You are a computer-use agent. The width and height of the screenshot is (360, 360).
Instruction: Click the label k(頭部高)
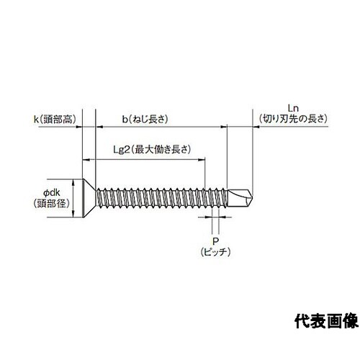55,120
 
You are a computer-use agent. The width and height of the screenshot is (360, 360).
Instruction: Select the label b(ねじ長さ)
145,120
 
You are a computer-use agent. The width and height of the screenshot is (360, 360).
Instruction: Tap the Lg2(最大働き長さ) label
152,150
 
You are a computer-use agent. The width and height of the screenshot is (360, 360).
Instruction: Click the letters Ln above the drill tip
293,109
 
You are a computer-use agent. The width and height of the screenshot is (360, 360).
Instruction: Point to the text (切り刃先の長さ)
293,119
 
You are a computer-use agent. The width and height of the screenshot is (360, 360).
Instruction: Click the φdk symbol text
52,192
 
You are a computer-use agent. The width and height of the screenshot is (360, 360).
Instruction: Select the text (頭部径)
52,204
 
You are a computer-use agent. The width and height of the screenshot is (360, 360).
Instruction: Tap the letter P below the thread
215,241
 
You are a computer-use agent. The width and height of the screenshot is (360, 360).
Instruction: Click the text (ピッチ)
215,252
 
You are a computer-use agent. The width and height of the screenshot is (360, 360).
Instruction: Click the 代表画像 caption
326,321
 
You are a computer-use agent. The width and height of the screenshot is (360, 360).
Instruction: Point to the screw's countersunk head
89,198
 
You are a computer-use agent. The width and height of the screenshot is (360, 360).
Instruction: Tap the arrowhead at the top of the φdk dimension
73,182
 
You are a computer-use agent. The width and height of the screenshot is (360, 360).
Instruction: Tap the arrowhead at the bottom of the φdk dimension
73,215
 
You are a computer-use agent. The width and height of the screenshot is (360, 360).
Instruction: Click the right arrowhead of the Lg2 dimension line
202,159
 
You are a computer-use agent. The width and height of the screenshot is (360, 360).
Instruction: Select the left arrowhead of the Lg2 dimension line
86,159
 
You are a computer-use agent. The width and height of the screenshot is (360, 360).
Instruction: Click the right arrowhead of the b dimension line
224,127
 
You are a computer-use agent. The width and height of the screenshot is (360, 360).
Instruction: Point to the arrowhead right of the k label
79,127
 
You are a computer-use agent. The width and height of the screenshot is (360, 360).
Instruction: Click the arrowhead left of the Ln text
256,127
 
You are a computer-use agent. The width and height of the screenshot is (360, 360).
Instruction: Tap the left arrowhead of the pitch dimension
209,217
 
